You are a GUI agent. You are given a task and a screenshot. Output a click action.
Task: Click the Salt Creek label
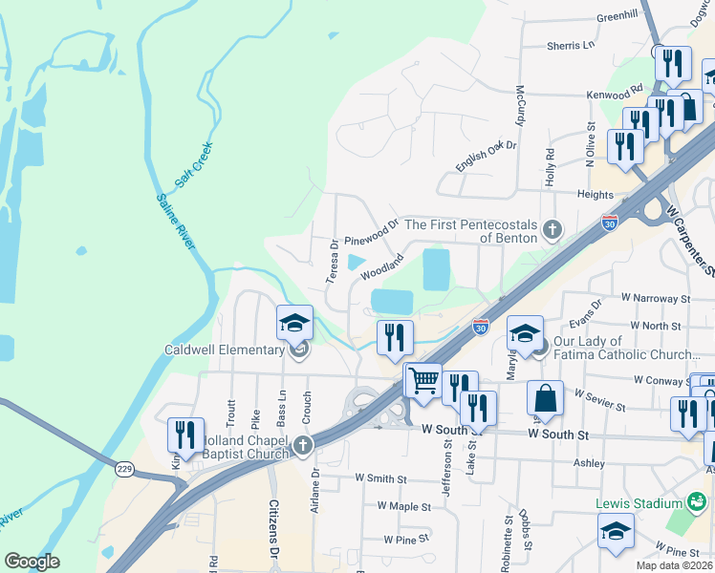pyautogui.click(x=194, y=164)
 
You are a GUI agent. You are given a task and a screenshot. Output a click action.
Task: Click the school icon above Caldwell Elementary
pyautogui.click(x=295, y=324)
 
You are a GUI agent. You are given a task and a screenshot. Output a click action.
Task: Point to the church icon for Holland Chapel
pyautogui.click(x=303, y=445)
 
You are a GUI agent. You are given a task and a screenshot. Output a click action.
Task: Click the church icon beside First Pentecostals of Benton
pyautogui.click(x=551, y=229)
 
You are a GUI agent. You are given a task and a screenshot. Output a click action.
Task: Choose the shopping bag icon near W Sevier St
pyautogui.click(x=544, y=398)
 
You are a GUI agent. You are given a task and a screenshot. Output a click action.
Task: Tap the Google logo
pyautogui.click(x=32, y=562)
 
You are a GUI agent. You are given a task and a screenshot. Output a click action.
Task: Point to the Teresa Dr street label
pyautogui.click(x=334, y=261)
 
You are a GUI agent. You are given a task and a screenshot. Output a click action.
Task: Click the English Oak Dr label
pyautogui.click(x=486, y=157)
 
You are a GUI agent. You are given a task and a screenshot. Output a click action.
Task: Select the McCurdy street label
pyautogui.click(x=521, y=105)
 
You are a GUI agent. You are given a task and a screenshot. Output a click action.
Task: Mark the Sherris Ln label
pyautogui.click(x=570, y=45)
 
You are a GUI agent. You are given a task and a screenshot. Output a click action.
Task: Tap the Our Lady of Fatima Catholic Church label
pyautogui.click(x=625, y=348)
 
